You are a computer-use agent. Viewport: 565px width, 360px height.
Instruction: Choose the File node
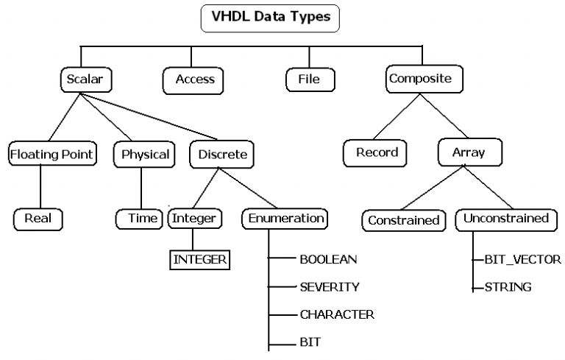(x=309, y=79)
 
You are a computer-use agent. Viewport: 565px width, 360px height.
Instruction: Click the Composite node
(x=419, y=79)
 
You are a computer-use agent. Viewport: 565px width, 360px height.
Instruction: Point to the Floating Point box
(x=51, y=155)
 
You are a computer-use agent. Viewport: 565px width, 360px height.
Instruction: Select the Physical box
(x=145, y=155)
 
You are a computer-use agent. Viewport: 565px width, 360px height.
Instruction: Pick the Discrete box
(x=222, y=155)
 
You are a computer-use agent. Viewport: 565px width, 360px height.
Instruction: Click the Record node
(x=377, y=153)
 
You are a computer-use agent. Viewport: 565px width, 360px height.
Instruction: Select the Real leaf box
(x=38, y=219)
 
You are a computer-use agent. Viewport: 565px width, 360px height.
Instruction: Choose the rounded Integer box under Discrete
(x=193, y=219)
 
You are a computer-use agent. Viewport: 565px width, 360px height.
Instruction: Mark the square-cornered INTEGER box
(x=200, y=259)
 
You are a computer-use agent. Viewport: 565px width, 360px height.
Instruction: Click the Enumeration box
(x=285, y=219)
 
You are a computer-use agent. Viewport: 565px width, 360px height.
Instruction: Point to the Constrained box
(x=403, y=220)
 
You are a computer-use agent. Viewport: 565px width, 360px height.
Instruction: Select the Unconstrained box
(x=505, y=219)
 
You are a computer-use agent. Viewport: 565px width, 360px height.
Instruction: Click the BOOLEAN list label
(x=328, y=259)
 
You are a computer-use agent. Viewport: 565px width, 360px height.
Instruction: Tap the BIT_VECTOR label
(x=522, y=260)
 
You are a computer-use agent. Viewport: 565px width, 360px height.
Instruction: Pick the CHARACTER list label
(x=337, y=314)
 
